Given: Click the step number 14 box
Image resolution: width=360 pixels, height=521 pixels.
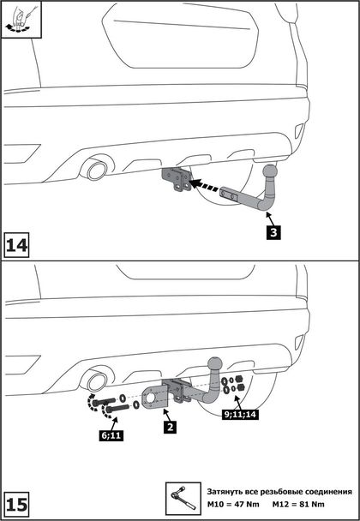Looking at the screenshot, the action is coord(16,245).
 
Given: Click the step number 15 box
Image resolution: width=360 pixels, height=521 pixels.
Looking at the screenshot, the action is coord(16,506).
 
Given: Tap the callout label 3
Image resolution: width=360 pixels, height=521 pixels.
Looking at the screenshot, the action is coord(273,232).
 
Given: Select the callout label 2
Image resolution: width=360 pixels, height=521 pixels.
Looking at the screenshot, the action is coord(171,427).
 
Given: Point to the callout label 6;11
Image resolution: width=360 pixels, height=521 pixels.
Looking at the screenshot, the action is coord(111,435).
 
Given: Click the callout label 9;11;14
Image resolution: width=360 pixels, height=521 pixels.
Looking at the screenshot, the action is coord(240,415).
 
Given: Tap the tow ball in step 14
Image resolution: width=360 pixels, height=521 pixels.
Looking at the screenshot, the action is coord(270,172).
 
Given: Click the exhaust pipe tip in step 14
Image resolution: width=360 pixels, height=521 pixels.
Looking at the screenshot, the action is coord(97,171).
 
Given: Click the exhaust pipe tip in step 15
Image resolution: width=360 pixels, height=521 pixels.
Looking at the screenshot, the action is coord(97,382).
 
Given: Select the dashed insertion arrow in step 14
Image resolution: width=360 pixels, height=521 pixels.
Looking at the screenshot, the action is coord(203,186).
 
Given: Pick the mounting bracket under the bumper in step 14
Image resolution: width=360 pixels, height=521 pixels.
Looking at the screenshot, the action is coord(177,179).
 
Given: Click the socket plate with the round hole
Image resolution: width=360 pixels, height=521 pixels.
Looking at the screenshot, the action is coord(155,397).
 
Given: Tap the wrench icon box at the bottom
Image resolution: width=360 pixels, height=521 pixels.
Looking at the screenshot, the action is coord(183,499).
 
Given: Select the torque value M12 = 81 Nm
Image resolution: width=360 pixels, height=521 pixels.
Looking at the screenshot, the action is coord(298,505).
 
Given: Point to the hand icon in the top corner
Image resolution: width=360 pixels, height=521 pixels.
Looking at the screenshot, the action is coord(21,20).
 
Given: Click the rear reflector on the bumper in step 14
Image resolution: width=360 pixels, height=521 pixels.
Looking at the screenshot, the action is coord(299,130).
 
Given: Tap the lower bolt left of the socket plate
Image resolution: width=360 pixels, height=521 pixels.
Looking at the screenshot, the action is coord(117,408).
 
